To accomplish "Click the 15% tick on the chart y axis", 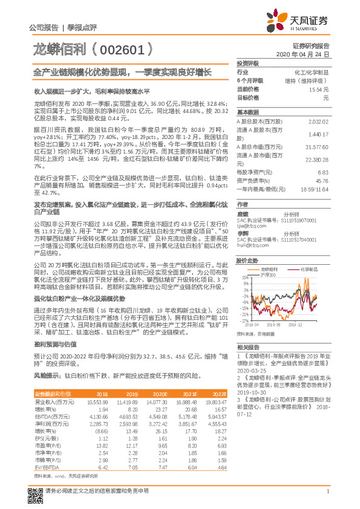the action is coord(243,277).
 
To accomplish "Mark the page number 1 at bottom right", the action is coord(327,499).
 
